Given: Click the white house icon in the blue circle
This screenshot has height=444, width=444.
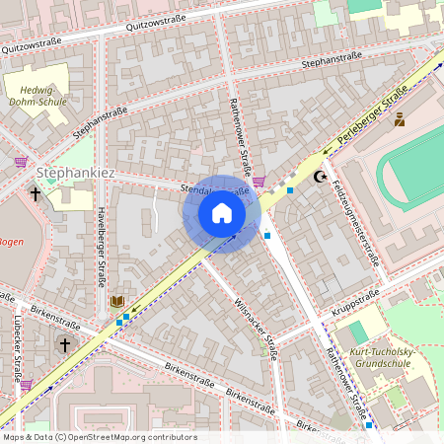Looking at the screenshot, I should tap(222, 213).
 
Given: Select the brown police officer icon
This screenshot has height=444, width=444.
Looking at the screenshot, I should tap(399, 119).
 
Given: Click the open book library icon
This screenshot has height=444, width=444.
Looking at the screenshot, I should tap(117, 301).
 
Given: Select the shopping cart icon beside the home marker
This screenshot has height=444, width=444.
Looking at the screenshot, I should tap(259, 181).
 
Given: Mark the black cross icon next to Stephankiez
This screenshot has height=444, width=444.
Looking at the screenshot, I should tap(37, 194).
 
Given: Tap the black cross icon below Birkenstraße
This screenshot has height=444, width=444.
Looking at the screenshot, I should tap(65, 344).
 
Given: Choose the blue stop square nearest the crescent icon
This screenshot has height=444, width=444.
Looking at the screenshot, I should tap(290, 189).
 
